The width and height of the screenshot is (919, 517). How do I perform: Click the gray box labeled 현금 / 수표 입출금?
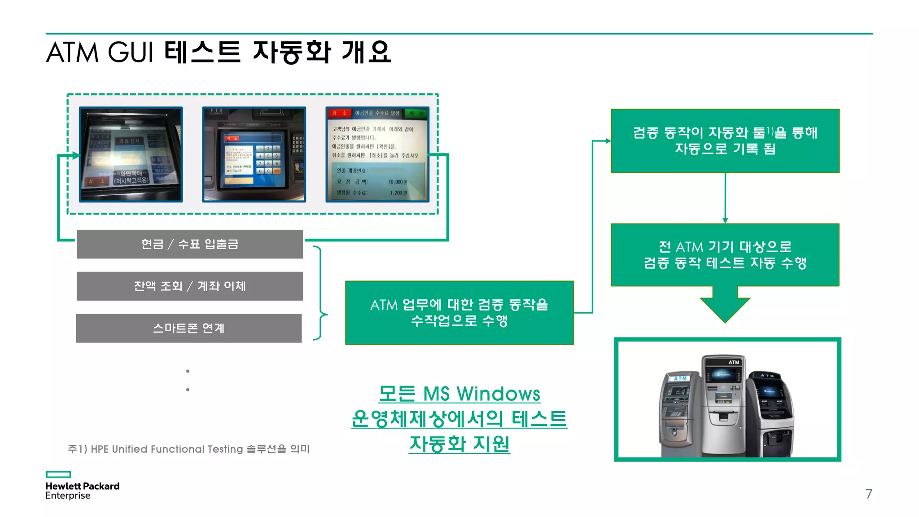click(190, 244)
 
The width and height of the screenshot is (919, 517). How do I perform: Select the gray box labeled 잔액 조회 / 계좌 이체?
click(190, 286)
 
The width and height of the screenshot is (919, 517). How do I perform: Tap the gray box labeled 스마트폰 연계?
click(189, 328)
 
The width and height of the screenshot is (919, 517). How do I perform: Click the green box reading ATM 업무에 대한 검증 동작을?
click(459, 313)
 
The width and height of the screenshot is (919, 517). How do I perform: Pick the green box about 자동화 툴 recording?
click(725, 140)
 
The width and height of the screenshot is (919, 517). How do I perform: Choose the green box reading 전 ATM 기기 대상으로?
click(725, 254)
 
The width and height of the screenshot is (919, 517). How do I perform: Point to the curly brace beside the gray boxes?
click(321, 293)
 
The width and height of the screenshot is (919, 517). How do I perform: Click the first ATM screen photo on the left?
click(131, 154)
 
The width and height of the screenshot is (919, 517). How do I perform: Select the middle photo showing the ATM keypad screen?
click(254, 154)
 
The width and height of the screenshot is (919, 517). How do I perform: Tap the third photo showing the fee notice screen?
click(377, 154)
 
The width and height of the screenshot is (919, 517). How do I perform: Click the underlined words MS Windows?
click(481, 394)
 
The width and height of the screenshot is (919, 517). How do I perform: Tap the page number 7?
click(869, 494)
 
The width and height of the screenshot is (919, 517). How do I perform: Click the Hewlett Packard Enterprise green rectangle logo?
click(58, 474)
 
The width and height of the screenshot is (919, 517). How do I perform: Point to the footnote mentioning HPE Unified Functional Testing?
click(188, 449)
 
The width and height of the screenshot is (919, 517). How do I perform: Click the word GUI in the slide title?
click(131, 52)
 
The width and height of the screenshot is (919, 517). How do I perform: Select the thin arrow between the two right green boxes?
click(725, 198)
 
